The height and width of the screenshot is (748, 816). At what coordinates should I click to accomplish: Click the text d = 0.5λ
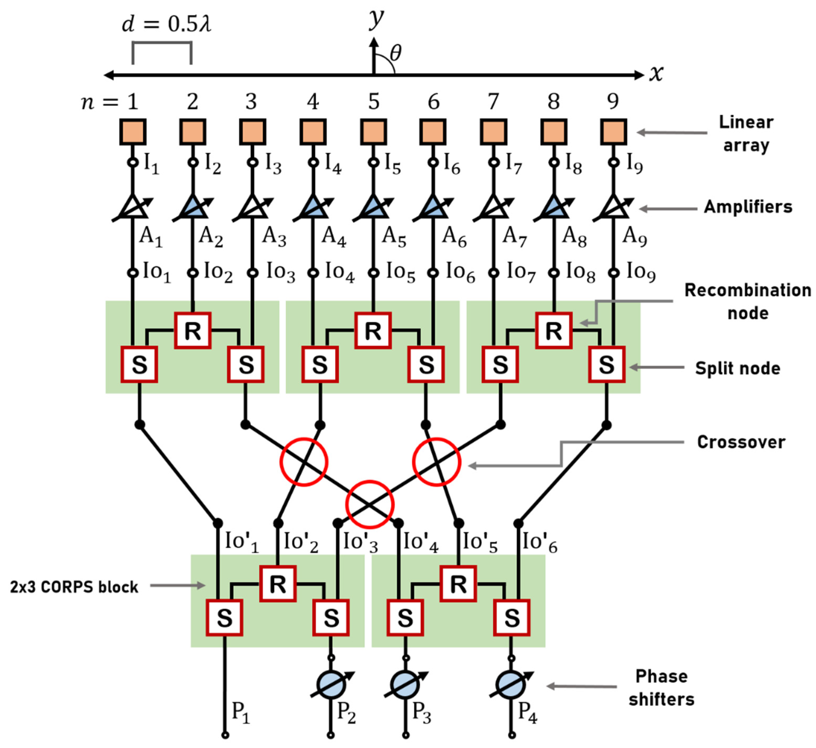click(x=166, y=24)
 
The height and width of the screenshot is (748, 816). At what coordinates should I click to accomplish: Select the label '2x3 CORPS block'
click(x=74, y=587)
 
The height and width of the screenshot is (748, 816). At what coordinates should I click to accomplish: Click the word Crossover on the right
click(x=741, y=442)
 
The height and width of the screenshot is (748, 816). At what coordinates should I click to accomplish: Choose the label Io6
click(x=460, y=272)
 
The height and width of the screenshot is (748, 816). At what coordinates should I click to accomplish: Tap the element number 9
click(x=613, y=101)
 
